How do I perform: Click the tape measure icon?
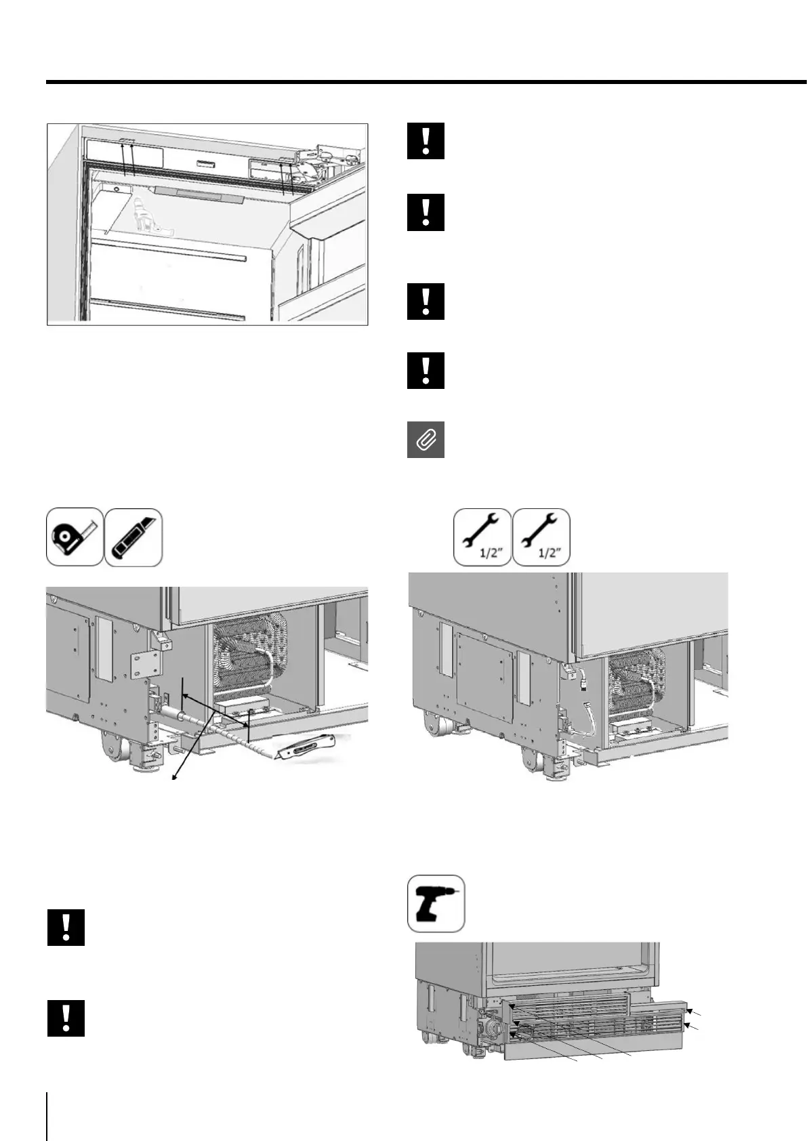coord(75,537)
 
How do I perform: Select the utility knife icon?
coord(133,537)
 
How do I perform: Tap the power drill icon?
coord(436,903)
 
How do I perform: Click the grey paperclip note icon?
coord(426,439)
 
